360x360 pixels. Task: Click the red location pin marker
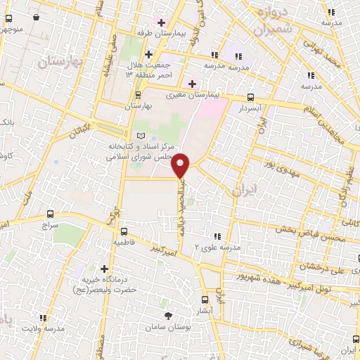181,165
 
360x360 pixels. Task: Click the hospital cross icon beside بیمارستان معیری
191,83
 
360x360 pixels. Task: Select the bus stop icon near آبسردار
250,98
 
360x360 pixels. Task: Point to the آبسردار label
250,110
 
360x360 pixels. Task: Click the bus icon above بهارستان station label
138,94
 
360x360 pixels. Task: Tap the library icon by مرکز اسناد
140,134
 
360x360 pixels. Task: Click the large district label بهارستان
59,63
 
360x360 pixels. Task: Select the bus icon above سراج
49,214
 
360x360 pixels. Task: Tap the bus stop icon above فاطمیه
124,231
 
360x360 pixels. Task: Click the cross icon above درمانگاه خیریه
105,269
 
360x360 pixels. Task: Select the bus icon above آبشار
205,299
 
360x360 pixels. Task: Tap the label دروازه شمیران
268,22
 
